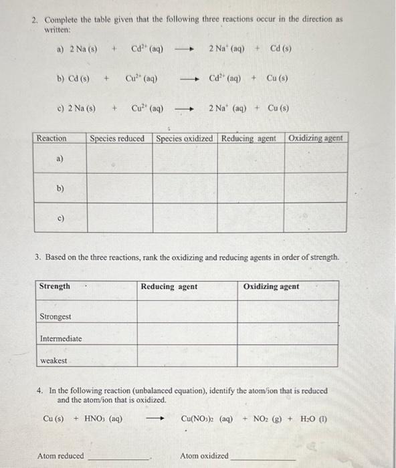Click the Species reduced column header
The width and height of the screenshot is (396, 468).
pos(117,138)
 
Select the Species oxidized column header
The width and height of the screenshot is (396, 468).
pos(185,138)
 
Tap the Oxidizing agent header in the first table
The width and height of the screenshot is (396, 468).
pos(316,138)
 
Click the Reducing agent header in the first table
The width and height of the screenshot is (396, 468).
pos(249,138)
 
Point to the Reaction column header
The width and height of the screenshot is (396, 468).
pos(52,138)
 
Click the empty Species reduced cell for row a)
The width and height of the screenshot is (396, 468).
pos(120,158)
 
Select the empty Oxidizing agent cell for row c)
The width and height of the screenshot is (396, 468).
pos(316,217)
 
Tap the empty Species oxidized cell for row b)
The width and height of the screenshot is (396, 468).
pos(185,188)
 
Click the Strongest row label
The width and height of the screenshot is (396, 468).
pos(56,316)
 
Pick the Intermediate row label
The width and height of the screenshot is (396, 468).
pos(61,338)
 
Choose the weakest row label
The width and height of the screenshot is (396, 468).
pos(54,360)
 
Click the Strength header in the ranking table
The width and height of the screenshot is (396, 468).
pos(55,286)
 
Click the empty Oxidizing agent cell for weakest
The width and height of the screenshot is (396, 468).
pos(290,360)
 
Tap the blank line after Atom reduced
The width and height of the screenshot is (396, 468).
pos(119,458)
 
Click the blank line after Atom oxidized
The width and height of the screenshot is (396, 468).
pos(262,458)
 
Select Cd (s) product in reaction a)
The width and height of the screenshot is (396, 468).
pos(281,48)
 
